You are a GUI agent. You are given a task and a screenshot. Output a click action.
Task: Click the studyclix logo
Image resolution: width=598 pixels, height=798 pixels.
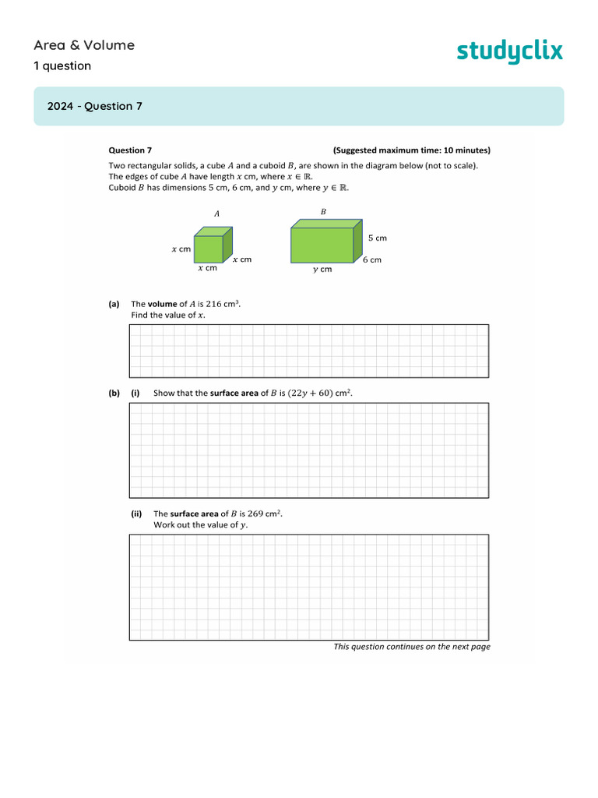508,51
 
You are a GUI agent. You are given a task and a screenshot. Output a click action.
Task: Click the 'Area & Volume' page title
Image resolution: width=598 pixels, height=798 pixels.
84,45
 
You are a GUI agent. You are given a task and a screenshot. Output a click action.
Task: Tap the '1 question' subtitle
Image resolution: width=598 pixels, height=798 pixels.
62,66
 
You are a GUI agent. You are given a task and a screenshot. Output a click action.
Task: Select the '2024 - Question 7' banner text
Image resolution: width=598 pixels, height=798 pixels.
94,107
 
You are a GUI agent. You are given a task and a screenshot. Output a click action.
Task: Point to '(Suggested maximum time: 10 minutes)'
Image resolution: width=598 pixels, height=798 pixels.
411,150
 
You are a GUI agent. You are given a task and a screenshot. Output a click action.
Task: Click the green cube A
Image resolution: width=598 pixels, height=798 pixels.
211,247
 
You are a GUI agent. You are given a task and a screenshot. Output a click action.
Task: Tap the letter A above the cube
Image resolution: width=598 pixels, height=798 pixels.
216,213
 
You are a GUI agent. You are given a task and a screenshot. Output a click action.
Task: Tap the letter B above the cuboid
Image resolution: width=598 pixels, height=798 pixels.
323,211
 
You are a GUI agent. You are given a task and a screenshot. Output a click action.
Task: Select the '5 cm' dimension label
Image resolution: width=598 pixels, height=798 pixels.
377,238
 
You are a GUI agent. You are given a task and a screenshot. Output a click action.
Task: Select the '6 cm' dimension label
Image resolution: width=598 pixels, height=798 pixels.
372,260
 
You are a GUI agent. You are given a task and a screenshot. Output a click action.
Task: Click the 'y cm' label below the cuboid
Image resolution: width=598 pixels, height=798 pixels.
322,270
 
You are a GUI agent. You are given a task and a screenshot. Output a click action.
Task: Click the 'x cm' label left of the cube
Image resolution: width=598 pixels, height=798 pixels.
181,249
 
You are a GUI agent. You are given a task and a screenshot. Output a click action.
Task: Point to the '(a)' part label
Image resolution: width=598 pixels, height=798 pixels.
114,304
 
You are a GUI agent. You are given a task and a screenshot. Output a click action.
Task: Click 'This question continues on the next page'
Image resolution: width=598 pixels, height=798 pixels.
411,647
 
